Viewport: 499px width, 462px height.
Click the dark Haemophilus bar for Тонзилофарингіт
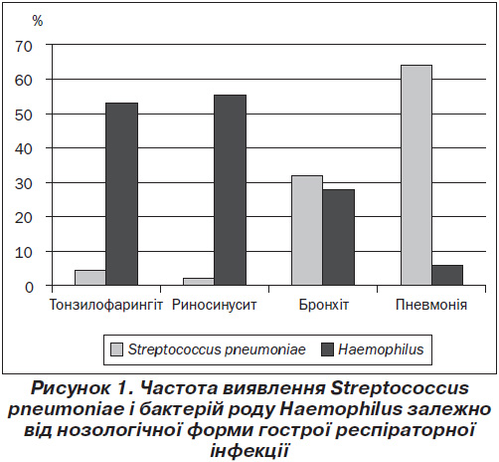pyautogui.click(x=121, y=194)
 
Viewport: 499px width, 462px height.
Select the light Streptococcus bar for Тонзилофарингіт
pyautogui.click(x=90, y=278)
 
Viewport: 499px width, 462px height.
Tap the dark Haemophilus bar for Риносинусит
pyautogui.click(x=230, y=190)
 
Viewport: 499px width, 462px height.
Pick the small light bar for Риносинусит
pyautogui.click(x=199, y=282)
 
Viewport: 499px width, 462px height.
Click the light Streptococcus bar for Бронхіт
pyautogui.click(x=307, y=230)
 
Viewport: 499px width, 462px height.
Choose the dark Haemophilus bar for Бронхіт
pyautogui.click(x=339, y=237)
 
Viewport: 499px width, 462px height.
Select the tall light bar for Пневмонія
pyautogui.click(x=416, y=175)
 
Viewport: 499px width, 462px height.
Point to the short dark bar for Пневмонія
pyautogui.click(x=447, y=275)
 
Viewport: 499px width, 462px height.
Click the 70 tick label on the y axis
pyautogui.click(x=24, y=47)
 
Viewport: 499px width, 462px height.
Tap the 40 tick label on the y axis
pyautogui.click(x=24, y=148)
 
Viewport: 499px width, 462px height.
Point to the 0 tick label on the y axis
pyautogui.click(x=29, y=287)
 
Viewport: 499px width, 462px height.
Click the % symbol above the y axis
pyautogui.click(x=38, y=21)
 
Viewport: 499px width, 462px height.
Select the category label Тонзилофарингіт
pyautogui.click(x=106, y=306)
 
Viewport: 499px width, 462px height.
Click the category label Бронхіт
pyautogui.click(x=324, y=305)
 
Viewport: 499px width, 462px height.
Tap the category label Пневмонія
pyautogui.click(x=431, y=305)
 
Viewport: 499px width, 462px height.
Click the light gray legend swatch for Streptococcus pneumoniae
pyautogui.click(x=116, y=349)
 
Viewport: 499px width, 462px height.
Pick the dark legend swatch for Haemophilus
pyautogui.click(x=327, y=349)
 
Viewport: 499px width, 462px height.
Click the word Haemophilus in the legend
pyautogui.click(x=381, y=349)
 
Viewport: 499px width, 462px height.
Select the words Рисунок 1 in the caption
pyautogui.click(x=80, y=387)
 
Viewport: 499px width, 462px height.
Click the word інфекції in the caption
pyautogui.click(x=249, y=451)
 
